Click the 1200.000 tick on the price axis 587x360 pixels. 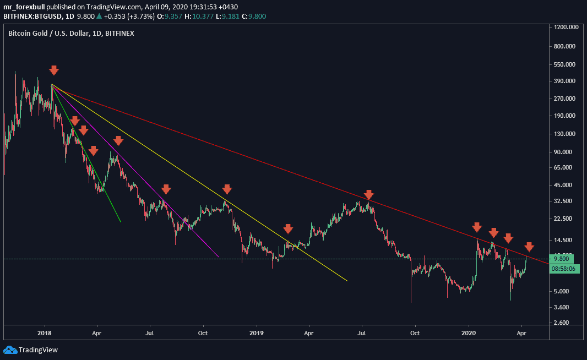tap(569, 27)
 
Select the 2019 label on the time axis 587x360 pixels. tap(257, 332)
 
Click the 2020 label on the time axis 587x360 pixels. tap(469, 332)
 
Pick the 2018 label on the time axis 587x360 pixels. tap(45, 332)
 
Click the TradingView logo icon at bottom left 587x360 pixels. tap(10, 350)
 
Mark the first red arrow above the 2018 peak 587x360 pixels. tap(53, 70)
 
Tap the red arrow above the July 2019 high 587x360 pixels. tap(369, 194)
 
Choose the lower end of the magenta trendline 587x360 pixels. tap(219, 257)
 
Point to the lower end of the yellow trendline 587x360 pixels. tap(347, 281)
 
